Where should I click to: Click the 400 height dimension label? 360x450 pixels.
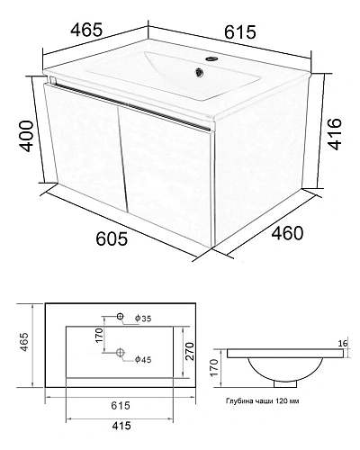point(26,136)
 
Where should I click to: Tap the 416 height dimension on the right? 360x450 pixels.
point(334,134)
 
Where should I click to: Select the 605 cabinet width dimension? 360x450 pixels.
point(112,239)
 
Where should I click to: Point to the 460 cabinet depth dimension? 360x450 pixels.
point(287,233)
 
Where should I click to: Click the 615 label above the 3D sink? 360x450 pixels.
point(240,32)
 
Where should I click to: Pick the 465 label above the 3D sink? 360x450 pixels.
point(86,30)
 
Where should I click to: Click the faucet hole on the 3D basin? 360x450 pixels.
point(211,58)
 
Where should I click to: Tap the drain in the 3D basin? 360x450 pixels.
point(199,72)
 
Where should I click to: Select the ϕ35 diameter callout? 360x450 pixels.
point(143,319)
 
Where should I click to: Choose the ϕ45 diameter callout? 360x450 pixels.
point(143,359)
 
